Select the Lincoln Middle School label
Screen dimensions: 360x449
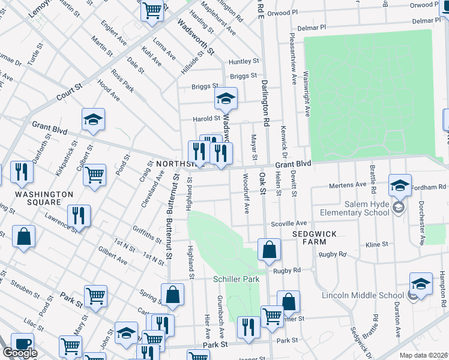[363, 295]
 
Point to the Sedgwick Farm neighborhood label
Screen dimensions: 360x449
[309, 237]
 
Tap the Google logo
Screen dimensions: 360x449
[20, 353]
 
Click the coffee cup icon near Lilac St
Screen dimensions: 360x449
[22, 344]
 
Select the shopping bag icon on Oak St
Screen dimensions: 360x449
[270, 249]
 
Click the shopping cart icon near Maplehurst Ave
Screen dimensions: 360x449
[152, 10]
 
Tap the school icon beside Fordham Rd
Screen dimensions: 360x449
[400, 185]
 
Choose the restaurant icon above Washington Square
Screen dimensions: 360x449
[22, 172]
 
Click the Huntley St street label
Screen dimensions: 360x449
[243, 61]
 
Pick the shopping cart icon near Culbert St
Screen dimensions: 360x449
[94, 175]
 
